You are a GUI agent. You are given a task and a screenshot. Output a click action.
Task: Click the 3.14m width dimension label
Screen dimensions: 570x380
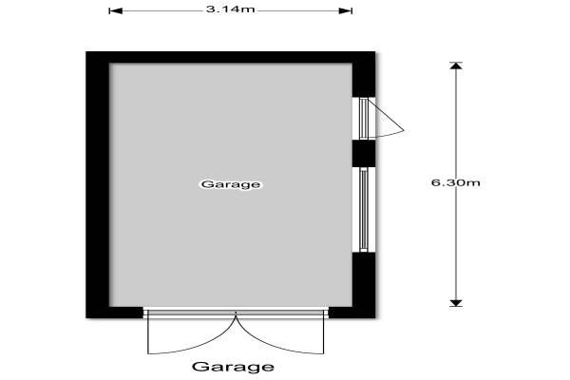pos(230,9)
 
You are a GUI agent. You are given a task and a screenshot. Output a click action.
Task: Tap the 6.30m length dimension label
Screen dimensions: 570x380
pos(455,182)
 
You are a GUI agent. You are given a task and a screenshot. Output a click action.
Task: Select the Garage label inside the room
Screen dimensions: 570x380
pos(231,184)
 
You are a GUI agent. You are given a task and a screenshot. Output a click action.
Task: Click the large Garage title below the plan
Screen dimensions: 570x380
pos(233,367)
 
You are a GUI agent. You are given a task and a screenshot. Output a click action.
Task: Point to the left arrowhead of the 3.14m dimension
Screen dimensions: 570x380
pos(116,10)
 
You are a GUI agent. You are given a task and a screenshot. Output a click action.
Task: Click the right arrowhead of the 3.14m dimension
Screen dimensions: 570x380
pos(346,10)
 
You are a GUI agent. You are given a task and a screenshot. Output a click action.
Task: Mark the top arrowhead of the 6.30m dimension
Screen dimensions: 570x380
pos(456,66)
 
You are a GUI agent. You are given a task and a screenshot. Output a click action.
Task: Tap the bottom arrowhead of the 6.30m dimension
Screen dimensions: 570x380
pos(456,303)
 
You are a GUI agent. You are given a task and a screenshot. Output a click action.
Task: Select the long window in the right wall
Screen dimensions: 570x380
pos(364,209)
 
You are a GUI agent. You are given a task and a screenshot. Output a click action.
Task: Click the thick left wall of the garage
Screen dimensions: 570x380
pos(98,184)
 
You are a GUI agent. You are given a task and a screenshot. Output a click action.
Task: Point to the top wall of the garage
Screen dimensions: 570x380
pos(231,57)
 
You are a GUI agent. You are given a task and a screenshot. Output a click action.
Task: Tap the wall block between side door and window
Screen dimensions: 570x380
pos(364,154)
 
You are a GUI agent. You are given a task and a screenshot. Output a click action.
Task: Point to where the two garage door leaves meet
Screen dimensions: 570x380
pos(236,313)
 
